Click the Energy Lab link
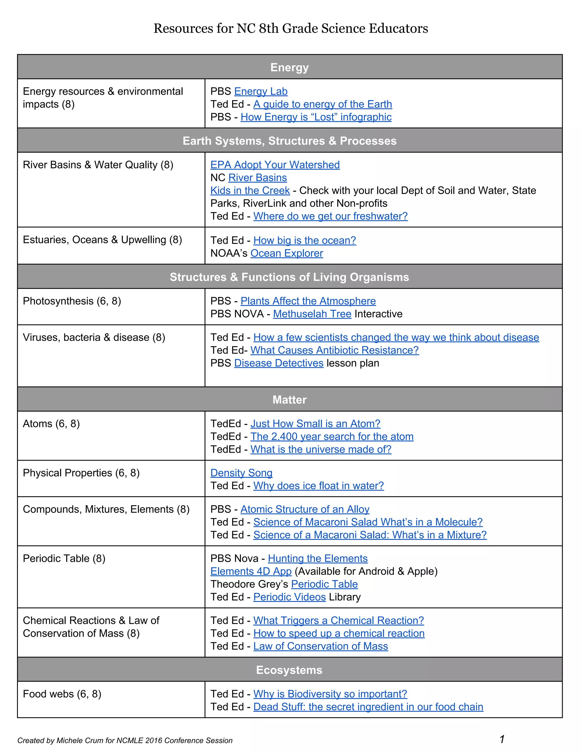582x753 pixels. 261,91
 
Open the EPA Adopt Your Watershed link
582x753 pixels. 275,165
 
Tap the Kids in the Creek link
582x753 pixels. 250,190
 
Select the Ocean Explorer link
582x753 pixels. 286,253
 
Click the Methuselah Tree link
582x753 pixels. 312,314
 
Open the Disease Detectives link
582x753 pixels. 278,363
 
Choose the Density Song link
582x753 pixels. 241,473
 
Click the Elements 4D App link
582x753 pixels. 251,571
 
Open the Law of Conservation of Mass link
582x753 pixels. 321,646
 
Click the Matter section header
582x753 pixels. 290,400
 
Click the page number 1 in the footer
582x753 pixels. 502,739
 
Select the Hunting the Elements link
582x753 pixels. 317,559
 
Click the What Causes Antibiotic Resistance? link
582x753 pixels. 334,350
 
